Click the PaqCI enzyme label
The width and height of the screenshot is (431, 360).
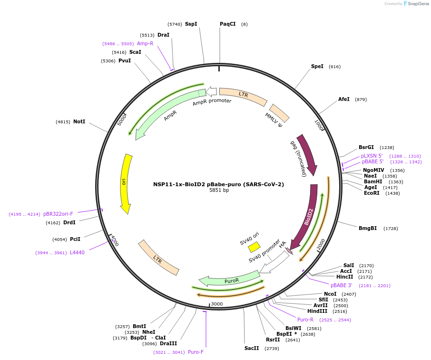(x=227, y=24)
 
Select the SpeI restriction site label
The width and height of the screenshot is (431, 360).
(x=317, y=66)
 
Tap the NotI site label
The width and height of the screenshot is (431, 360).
(x=79, y=121)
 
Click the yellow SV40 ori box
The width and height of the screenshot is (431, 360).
(x=254, y=247)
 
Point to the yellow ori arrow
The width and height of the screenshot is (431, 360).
(x=125, y=183)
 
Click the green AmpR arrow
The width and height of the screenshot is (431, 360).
(x=167, y=111)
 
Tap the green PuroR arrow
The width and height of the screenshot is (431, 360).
(x=229, y=280)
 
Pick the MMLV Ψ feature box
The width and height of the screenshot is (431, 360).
(x=279, y=113)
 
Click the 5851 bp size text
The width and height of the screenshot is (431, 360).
(x=219, y=190)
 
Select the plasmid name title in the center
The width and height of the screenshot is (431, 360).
(x=218, y=184)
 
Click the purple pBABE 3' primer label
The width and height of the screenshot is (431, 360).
(x=341, y=285)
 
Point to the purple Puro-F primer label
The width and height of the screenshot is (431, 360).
(x=196, y=352)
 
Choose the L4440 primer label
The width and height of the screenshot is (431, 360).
(x=77, y=253)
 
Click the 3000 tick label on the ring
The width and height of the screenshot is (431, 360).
(x=217, y=304)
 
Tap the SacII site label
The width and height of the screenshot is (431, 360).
(x=252, y=348)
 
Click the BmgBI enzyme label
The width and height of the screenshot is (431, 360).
(x=368, y=228)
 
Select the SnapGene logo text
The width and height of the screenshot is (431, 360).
(x=418, y=4)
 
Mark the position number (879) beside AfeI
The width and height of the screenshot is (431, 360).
(x=361, y=100)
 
